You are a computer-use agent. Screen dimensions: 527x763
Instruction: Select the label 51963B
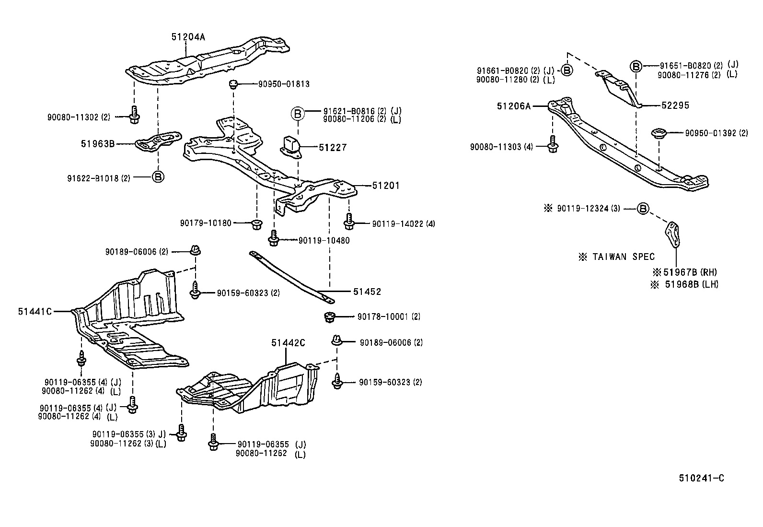click(x=98, y=143)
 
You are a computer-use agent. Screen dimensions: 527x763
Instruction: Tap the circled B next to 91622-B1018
click(x=158, y=177)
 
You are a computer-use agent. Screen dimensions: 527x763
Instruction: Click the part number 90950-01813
click(x=284, y=84)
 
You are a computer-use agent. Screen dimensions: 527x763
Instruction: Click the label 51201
click(x=386, y=186)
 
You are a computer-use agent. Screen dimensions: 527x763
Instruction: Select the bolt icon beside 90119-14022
click(x=348, y=222)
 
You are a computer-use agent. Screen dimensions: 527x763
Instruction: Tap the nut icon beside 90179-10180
click(x=256, y=223)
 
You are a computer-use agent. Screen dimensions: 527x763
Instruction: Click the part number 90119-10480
click(x=324, y=240)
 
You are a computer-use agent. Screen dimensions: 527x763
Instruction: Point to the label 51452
click(x=367, y=292)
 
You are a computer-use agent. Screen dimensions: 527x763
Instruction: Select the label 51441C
click(x=35, y=311)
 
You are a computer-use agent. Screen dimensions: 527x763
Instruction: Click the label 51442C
click(x=288, y=343)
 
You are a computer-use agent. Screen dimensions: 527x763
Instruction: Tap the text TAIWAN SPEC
click(x=623, y=257)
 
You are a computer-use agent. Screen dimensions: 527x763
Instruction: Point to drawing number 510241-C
click(x=701, y=478)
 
